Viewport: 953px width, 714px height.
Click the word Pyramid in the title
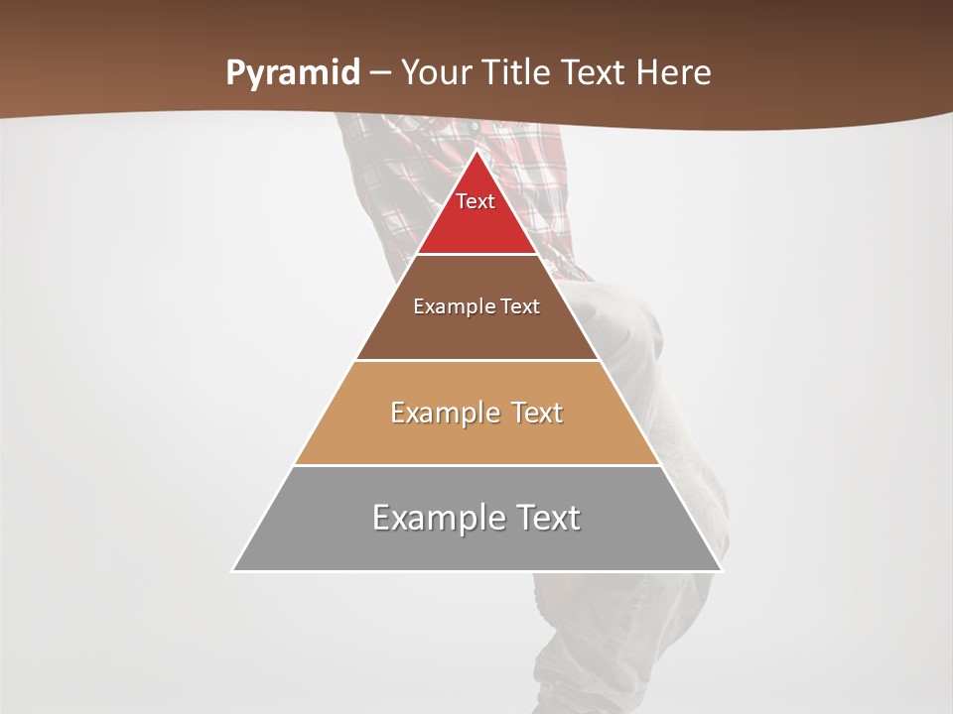293,73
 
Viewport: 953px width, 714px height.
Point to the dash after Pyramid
380,74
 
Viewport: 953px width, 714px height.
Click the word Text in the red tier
476,201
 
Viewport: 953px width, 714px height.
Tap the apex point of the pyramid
476,152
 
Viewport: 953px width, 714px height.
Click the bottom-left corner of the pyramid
233,570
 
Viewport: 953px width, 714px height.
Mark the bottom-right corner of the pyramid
721,570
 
